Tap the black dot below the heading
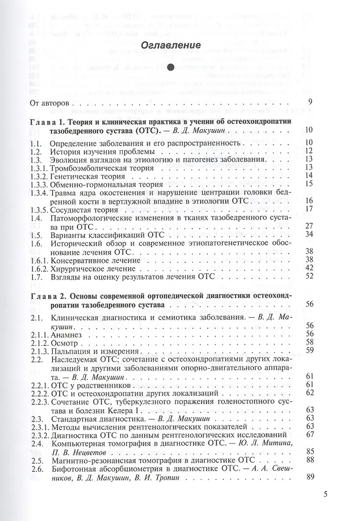click(171, 68)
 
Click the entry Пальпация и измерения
click(95, 350)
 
